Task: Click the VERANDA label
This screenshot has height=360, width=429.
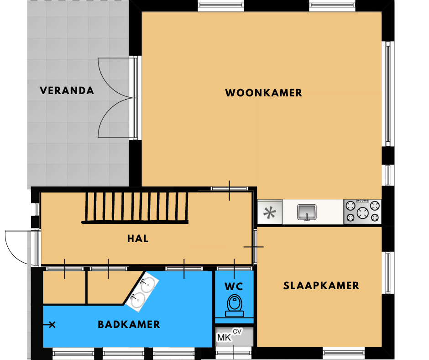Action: point(67,90)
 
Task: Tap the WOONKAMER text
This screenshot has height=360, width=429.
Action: point(264,93)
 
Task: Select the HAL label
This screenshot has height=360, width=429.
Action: point(138,238)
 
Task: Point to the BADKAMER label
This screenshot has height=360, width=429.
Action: point(129,325)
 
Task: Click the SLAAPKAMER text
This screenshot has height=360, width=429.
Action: point(321,286)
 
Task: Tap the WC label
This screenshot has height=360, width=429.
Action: point(234,286)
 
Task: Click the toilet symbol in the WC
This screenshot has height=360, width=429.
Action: point(235,306)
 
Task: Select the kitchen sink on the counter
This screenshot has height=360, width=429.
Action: point(307,212)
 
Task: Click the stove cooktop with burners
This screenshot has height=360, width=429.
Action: point(362,212)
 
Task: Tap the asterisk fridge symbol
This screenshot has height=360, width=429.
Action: point(269,212)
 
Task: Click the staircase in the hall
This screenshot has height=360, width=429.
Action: point(135,207)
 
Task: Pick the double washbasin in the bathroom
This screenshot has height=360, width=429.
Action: point(143,292)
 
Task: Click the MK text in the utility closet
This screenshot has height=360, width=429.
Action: point(224,338)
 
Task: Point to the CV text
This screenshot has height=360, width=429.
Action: point(237,332)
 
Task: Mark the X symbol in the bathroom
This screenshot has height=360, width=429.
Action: point(52,325)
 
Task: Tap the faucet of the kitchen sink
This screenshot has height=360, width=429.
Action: point(307,217)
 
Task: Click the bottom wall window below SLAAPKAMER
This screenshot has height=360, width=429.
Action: point(344,352)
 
